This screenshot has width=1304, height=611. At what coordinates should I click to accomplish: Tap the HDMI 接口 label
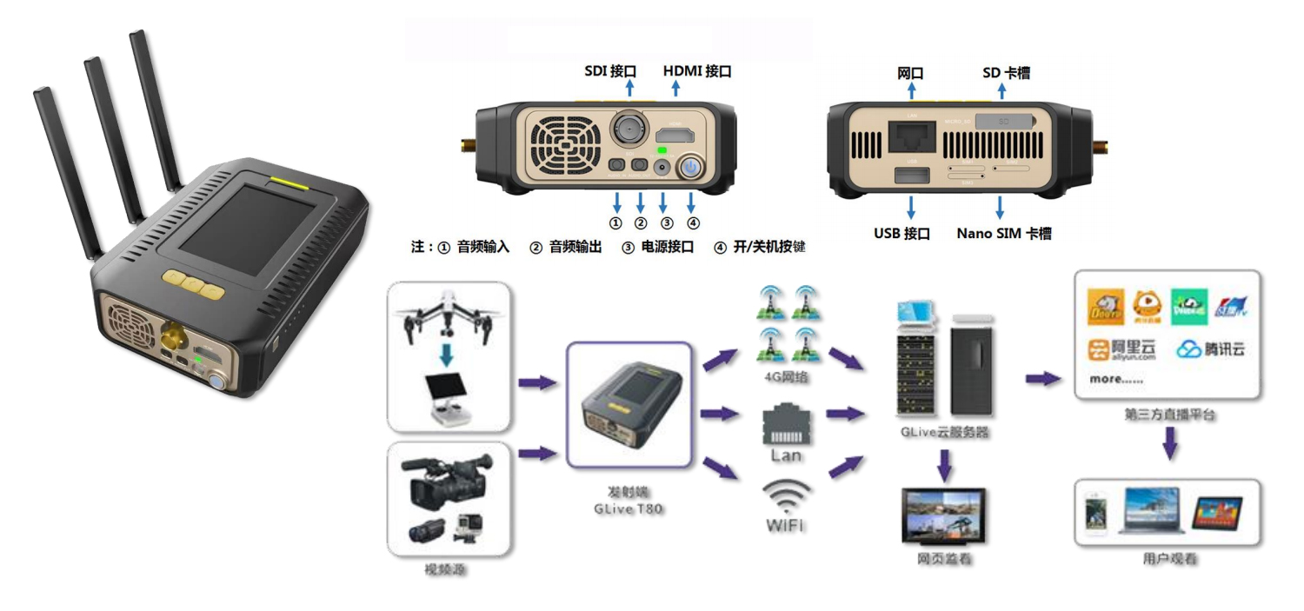pos(696,71)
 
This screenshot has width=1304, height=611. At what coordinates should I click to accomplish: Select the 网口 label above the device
pos(909,73)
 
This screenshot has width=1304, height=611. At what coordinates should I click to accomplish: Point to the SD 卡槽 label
pos(1006,73)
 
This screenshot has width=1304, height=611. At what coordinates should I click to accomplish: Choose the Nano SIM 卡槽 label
pos(1004,233)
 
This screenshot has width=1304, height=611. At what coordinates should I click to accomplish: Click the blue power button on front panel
pos(692,168)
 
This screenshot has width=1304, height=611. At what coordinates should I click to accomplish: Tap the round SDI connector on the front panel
pos(625,130)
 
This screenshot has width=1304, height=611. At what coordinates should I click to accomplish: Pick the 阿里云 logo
pos(1122,349)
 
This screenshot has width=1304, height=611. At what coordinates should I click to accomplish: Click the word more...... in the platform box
pos(1116,380)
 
